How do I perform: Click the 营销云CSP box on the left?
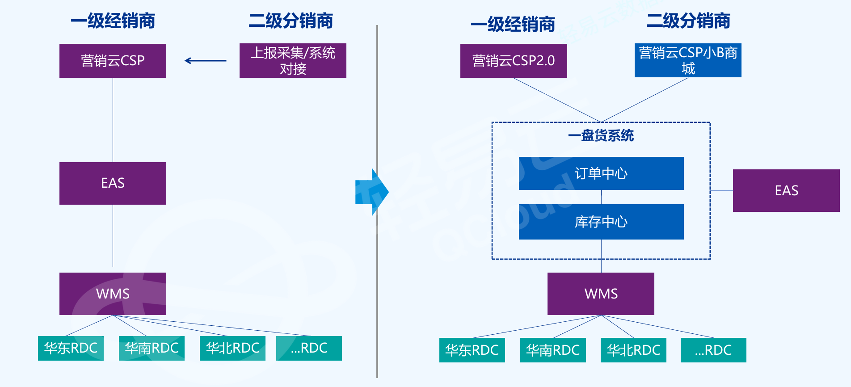[x=113, y=61]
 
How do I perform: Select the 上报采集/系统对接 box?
[x=293, y=61]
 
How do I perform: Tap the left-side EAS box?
[x=113, y=183]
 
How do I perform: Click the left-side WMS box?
[x=113, y=294]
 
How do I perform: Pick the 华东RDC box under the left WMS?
[x=71, y=348]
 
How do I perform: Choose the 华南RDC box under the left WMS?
[x=152, y=348]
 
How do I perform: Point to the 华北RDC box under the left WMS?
[x=232, y=348]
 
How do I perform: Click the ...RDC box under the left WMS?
[x=309, y=348]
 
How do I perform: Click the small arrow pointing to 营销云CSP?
[x=206, y=61]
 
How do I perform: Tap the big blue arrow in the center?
[x=372, y=192]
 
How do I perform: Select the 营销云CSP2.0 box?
[x=514, y=61]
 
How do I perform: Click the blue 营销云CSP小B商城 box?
[x=688, y=60]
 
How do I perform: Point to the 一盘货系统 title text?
[x=601, y=135]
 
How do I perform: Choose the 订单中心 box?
[x=601, y=173]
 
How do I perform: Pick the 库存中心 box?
[x=601, y=222]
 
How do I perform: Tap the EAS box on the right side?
[x=786, y=190]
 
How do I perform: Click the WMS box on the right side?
[x=601, y=294]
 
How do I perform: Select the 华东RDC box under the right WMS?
[x=472, y=350]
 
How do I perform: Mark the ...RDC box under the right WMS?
[x=713, y=350]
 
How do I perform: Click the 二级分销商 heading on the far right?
[x=688, y=21]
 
